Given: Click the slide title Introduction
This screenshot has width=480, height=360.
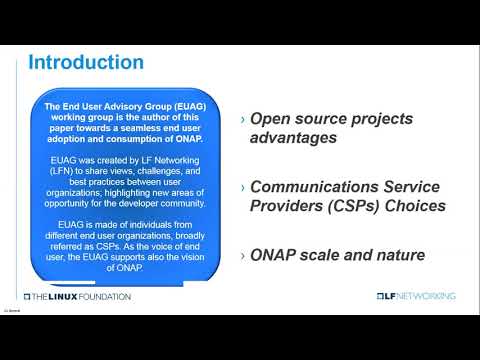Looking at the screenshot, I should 85,62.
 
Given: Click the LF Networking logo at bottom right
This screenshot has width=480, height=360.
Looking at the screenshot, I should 415,296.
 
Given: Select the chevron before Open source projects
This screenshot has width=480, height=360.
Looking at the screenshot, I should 242,119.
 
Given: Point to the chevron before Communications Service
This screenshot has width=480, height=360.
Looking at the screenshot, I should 242,187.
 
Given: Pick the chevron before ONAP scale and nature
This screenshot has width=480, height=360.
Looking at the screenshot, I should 242,255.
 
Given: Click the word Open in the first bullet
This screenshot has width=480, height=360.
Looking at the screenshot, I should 271,119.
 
